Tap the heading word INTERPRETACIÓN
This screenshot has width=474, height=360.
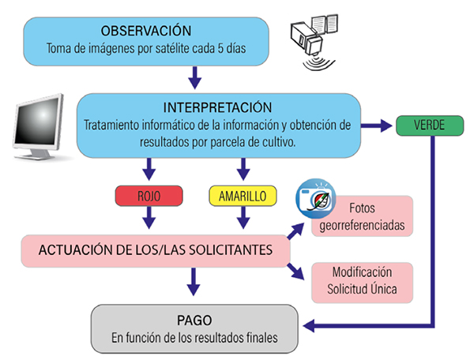(x=218, y=107)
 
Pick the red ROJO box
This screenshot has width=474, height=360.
(x=149, y=194)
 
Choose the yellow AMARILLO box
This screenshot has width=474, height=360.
(x=243, y=194)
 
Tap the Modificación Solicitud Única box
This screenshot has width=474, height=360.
(x=362, y=282)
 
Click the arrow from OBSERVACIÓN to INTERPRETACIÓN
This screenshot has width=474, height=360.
(x=195, y=77)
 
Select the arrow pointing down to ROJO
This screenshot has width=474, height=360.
(x=149, y=168)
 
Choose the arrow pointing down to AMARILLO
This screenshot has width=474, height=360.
(x=243, y=168)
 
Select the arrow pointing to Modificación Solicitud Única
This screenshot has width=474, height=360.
(x=296, y=271)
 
